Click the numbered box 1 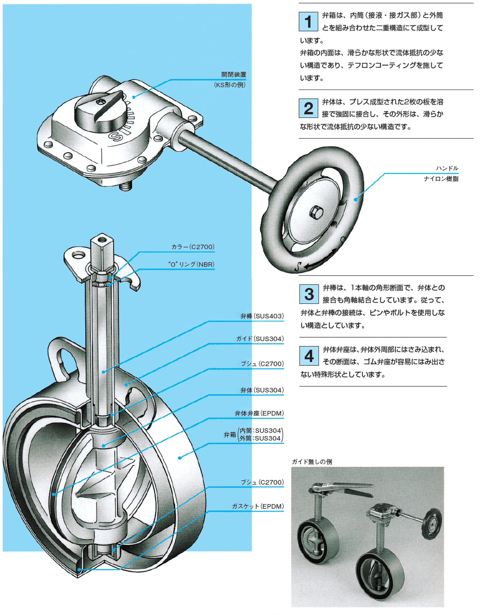[308, 22]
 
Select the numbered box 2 [308, 108]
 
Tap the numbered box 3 [309, 294]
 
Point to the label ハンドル [447, 168]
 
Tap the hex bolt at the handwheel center [316, 212]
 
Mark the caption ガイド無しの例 [312, 461]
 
